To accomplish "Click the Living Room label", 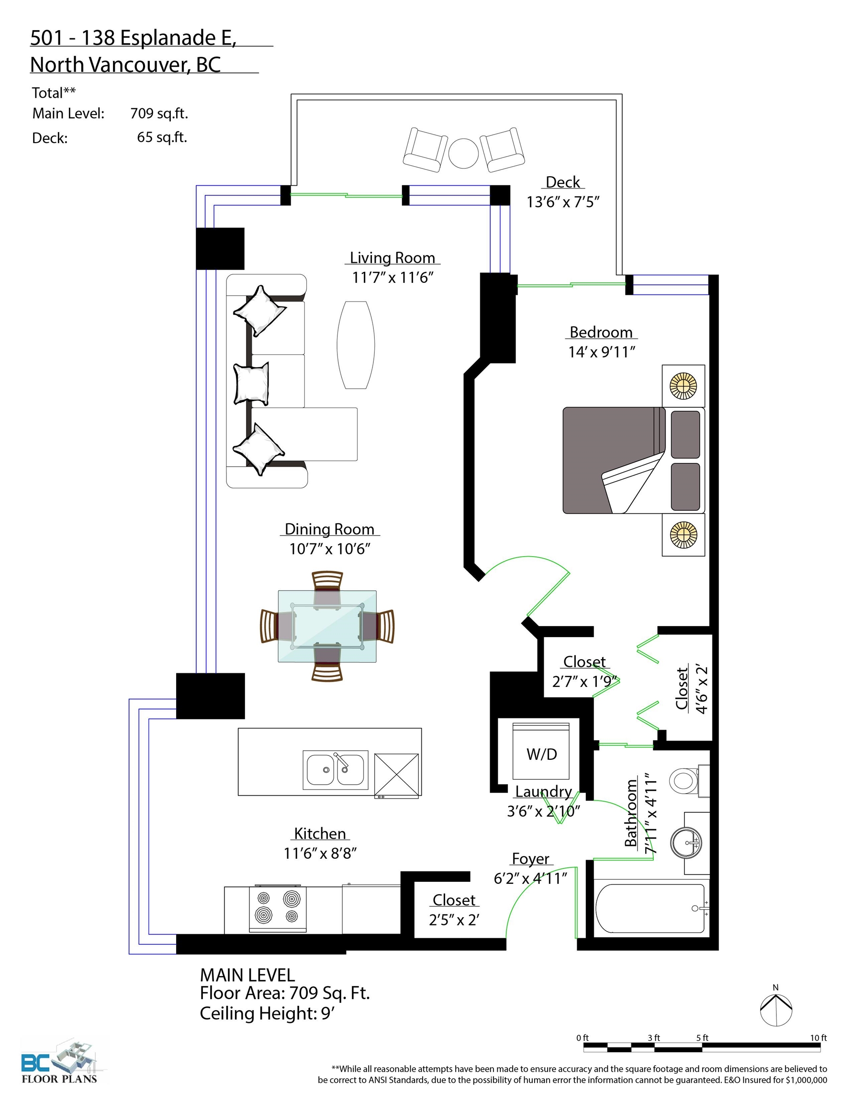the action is click(x=392, y=258).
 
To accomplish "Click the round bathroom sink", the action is click(x=686, y=843).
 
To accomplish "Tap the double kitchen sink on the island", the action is click(x=336, y=770).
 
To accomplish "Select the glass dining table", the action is click(x=327, y=626).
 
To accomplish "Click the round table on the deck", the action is click(x=464, y=153).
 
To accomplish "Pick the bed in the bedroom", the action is click(x=633, y=460).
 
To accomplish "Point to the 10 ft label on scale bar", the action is click(x=818, y=1038).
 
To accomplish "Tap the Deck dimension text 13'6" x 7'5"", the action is click(x=562, y=202).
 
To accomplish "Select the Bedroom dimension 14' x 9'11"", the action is click(x=602, y=352).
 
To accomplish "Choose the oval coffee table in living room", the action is click(x=356, y=345).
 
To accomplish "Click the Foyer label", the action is click(x=530, y=858).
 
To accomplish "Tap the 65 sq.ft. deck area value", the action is click(x=162, y=137).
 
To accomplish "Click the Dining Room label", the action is click(x=329, y=529).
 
